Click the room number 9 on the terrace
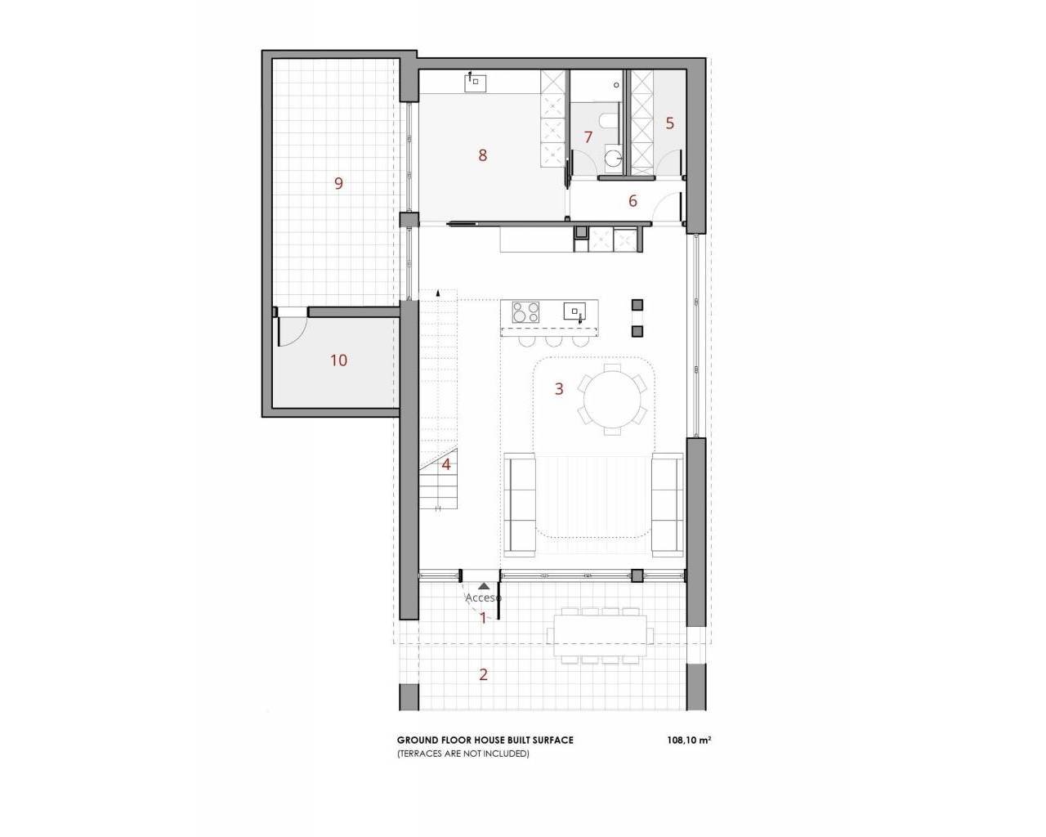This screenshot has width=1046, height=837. point(339,183)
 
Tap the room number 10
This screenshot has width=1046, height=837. point(339,360)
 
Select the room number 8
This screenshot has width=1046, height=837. point(482,155)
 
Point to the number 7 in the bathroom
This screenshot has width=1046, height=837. point(588,137)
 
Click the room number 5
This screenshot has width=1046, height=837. point(670,123)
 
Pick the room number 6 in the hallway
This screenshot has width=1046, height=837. point(633,200)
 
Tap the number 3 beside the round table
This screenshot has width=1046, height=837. point(559,388)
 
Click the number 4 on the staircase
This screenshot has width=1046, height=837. point(446,464)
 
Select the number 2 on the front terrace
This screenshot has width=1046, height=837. point(483,674)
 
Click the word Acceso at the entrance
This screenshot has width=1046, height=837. point(483,598)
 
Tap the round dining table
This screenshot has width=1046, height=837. point(612,399)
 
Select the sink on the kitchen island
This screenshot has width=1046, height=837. point(574,311)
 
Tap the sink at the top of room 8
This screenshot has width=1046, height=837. point(476,83)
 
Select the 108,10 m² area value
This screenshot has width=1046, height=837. point(689,741)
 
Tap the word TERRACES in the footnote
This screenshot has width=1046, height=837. point(422,754)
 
